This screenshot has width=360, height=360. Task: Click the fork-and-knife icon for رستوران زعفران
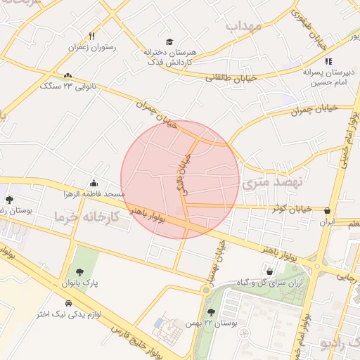pyautogui.click(x=91, y=36)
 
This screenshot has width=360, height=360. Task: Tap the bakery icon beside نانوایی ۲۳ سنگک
pyautogui.click(x=67, y=76)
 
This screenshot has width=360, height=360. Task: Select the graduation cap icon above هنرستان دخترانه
pyautogui.click(x=169, y=41)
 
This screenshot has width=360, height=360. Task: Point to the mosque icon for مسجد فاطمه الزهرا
pyautogui.click(x=94, y=184)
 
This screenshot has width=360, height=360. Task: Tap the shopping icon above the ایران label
pyautogui.click(x=328, y=210)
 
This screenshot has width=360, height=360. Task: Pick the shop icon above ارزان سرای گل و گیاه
pyautogui.click(x=270, y=271)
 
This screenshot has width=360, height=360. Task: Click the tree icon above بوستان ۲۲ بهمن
pyautogui.click(x=212, y=311)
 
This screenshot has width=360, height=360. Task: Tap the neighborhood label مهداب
pyautogui.click(x=244, y=26)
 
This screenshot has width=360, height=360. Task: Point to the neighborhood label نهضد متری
pyautogui.click(x=272, y=184)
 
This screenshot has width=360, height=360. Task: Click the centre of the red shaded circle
pyautogui.click(x=180, y=179)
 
